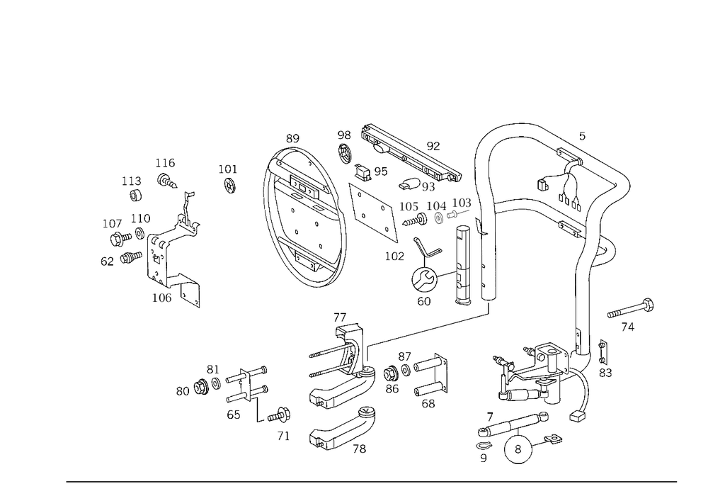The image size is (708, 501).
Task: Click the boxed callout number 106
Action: point(162,299)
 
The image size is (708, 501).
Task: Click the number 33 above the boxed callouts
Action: point(433,147)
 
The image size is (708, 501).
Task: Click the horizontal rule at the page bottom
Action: point(372,480)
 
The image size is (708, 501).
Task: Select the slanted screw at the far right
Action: point(630,310)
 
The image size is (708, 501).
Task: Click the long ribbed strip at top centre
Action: point(411,152)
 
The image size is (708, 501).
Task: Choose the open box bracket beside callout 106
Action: point(187,289)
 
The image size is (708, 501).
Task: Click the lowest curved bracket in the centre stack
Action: point(343,432)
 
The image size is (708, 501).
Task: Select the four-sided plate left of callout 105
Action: point(372,209)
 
